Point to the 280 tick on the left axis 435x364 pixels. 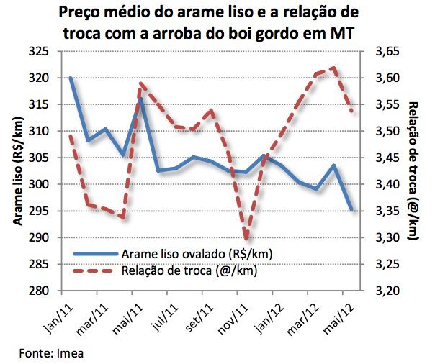pyautogui.click(x=39, y=291)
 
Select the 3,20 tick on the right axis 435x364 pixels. pyautogui.click(x=385, y=291)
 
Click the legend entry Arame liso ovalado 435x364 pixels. pyautogui.click(x=196, y=254)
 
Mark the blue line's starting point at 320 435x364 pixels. pyautogui.click(x=71, y=78)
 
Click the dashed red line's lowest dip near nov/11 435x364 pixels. pyautogui.click(x=246, y=238)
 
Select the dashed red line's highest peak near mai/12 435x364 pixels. pyautogui.click(x=334, y=68)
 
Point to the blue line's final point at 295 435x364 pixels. pyautogui.click(x=351, y=210)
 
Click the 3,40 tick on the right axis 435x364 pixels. pyautogui.click(x=385, y=184)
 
